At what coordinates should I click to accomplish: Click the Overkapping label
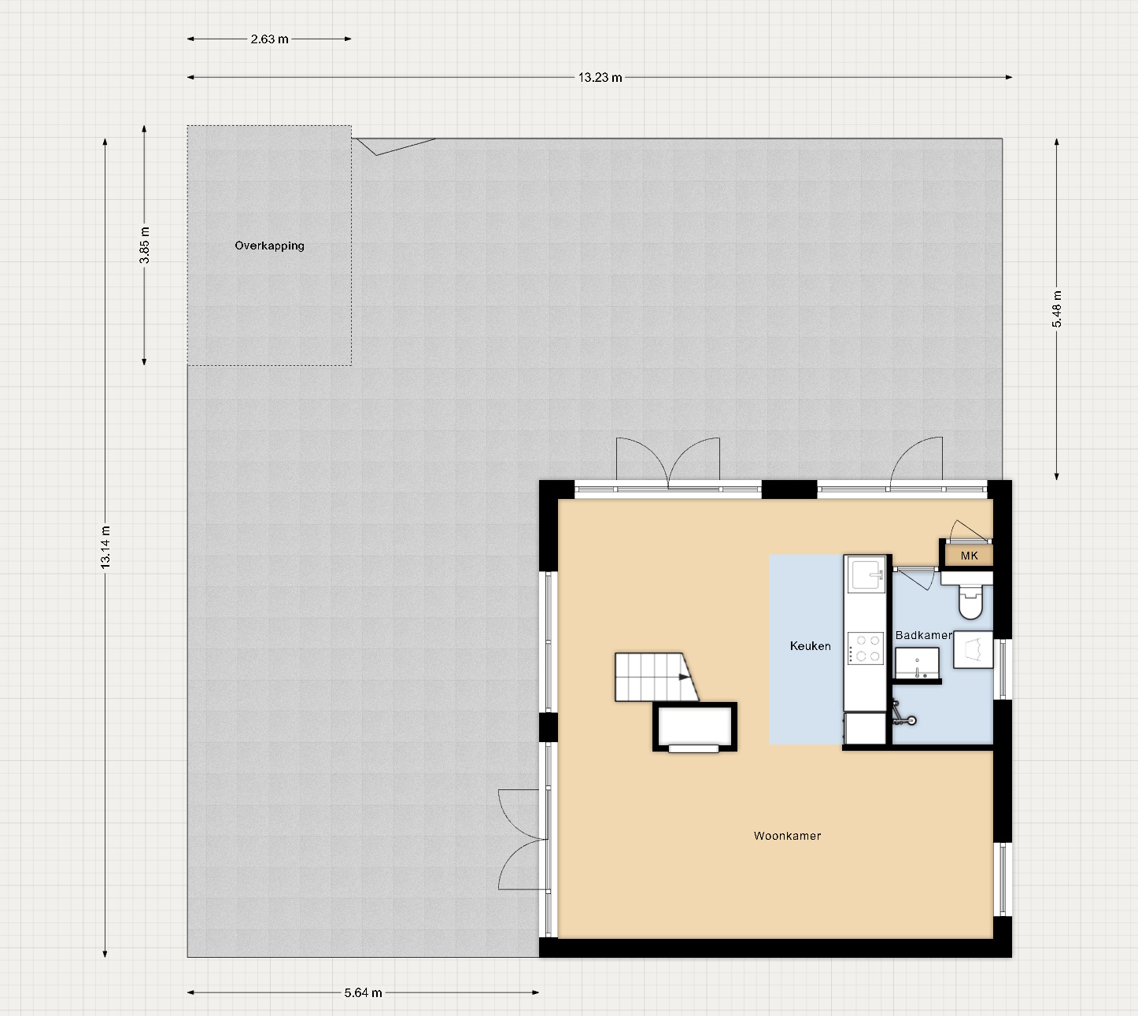pos(269,246)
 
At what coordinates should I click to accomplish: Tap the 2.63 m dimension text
pos(269,39)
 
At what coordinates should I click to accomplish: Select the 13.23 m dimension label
pos(600,77)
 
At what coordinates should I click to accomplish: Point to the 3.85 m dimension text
pos(144,245)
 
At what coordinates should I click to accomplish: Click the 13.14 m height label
pos(105,547)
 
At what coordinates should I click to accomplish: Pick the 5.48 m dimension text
pos(1057,308)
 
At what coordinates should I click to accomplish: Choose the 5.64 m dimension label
pos(363,992)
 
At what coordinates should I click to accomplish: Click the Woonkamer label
pos(787,836)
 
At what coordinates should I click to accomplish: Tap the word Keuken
pos(810,646)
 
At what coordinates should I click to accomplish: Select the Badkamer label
pos(923,635)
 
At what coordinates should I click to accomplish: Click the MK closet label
pos(970,556)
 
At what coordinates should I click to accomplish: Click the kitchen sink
pos(866,574)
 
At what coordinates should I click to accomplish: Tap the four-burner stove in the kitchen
pos(866,648)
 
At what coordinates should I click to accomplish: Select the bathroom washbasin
pos(917,663)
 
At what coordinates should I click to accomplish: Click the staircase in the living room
pos(656,677)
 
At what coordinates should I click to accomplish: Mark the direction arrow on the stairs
pos(684,677)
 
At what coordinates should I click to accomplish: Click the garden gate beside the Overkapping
pos(396,146)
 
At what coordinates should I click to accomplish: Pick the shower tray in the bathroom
pos(973,649)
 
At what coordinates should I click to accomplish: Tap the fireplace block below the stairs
pos(695,726)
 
